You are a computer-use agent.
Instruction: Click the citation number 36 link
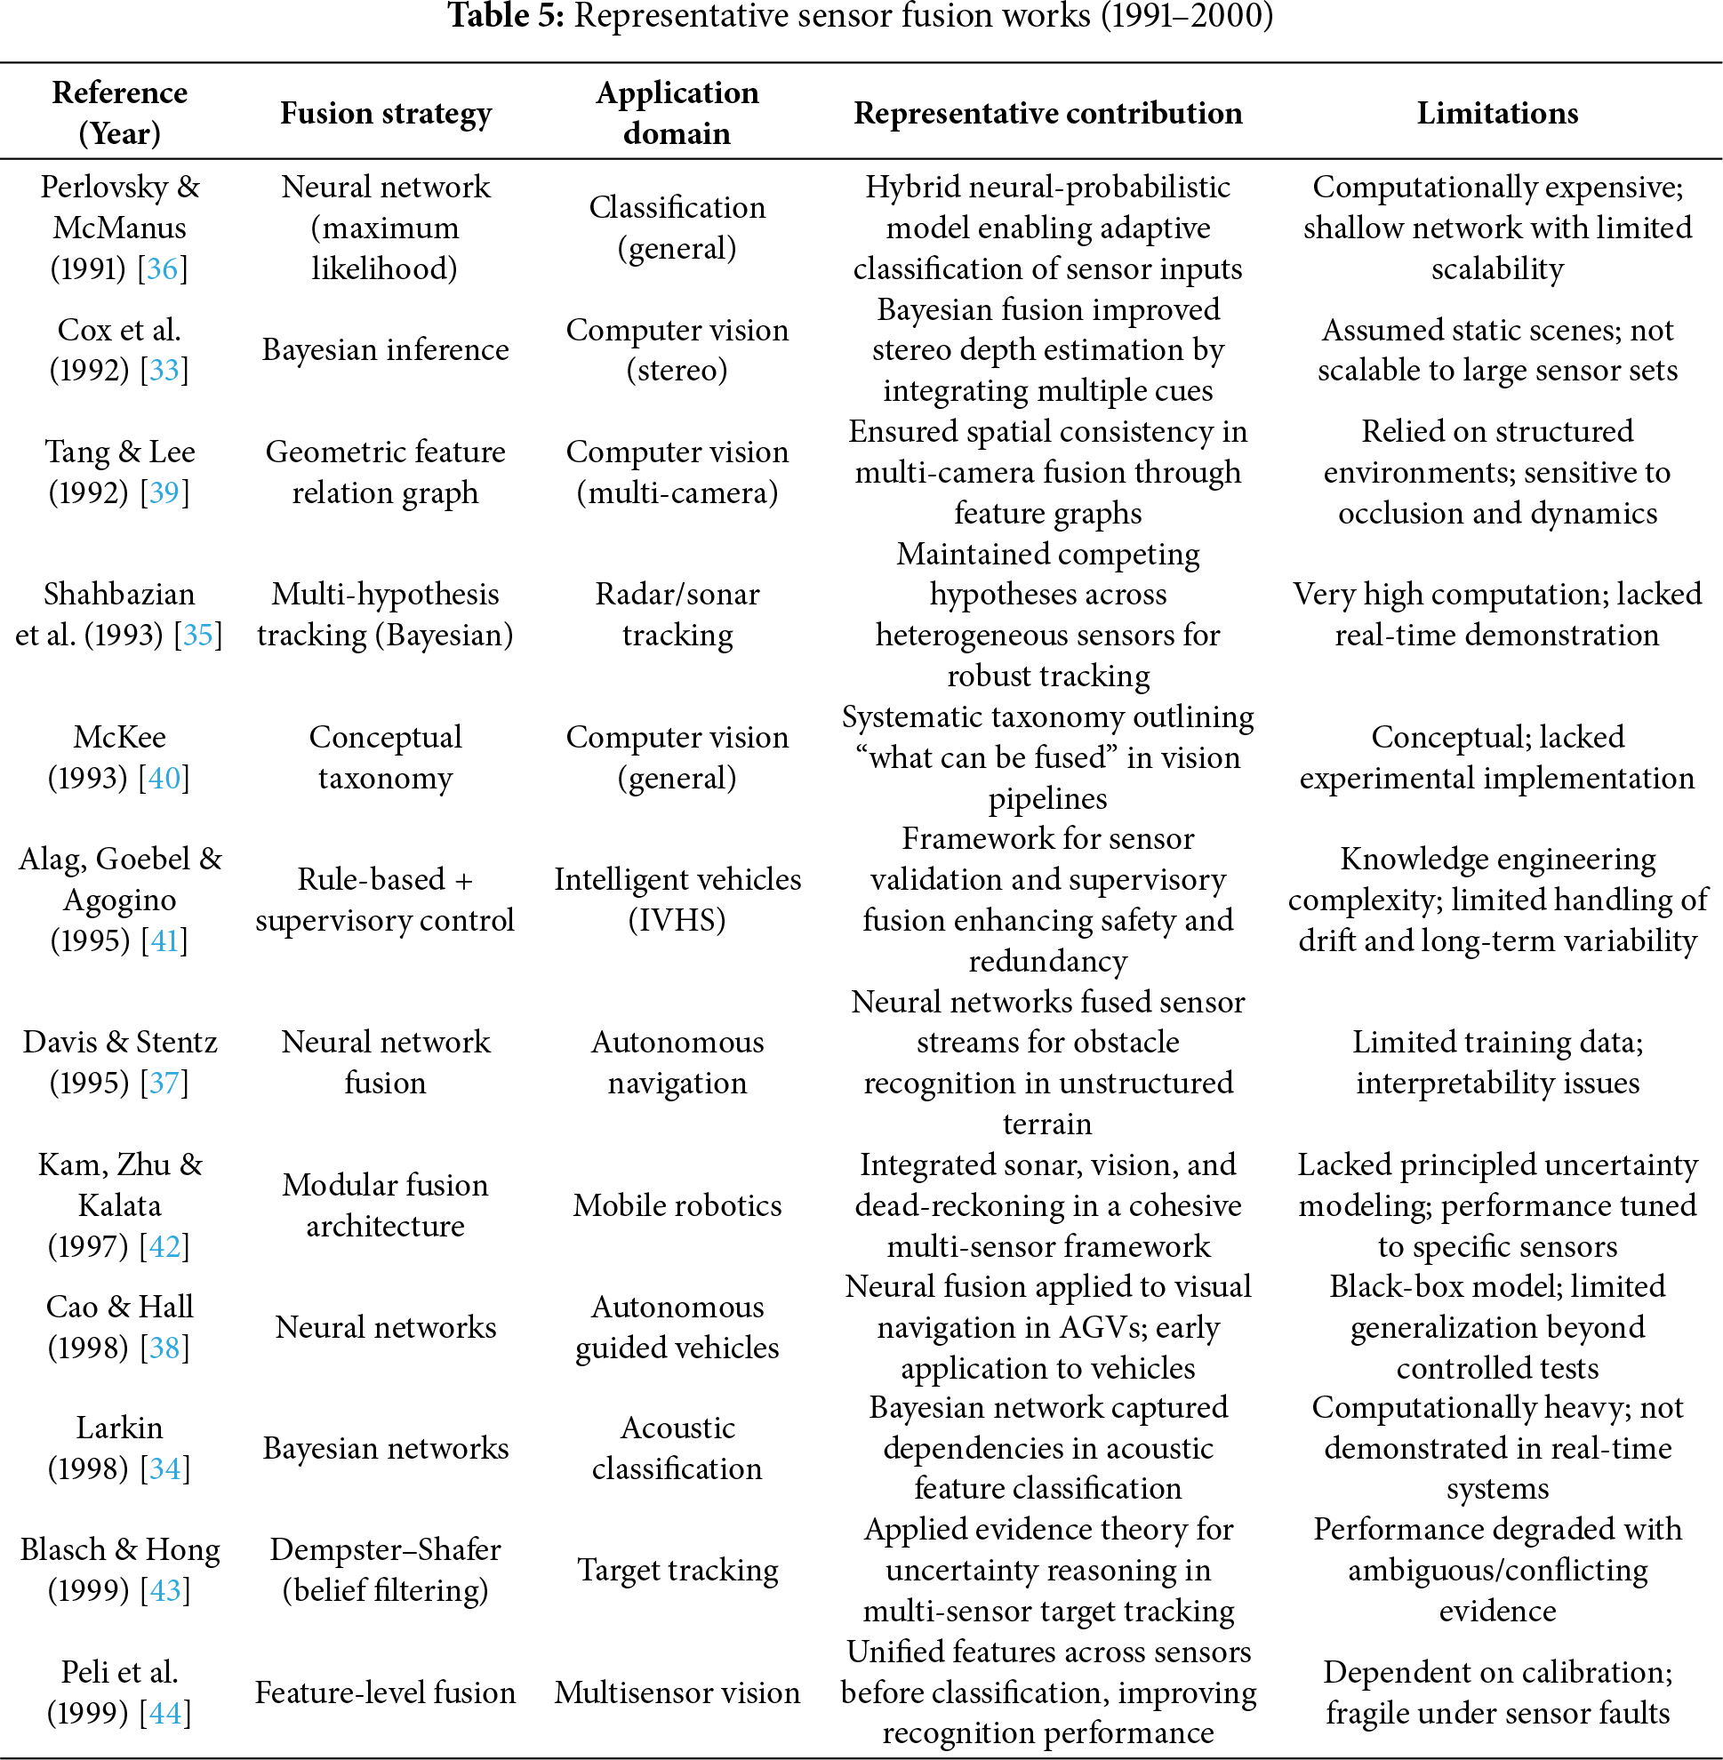pos(163,268)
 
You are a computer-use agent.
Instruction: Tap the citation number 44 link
pos(164,1713)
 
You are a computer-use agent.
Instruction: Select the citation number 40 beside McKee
pos(164,778)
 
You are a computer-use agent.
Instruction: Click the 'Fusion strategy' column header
pos(386,113)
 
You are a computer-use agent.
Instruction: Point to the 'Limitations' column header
pos(1497,113)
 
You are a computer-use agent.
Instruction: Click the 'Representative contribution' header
pos(1047,113)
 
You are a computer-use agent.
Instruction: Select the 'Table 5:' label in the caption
pos(506,16)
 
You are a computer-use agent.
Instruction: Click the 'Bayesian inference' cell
pos(386,350)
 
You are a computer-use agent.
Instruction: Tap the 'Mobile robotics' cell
pos(677,1205)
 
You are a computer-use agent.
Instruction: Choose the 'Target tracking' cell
pos(677,1571)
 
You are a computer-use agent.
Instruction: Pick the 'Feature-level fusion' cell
pos(386,1693)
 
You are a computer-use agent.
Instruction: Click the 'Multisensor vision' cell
pos(677,1693)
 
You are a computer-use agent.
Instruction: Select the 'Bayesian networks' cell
pos(386,1449)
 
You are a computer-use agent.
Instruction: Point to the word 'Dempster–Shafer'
pos(386,1550)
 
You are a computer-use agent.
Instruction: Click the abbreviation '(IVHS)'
pos(677,920)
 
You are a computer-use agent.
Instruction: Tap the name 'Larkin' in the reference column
pos(119,1428)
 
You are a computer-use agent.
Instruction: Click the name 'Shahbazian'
pos(119,595)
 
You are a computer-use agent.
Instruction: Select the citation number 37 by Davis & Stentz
pos(164,1084)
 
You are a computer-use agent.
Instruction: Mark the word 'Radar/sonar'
pos(677,595)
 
